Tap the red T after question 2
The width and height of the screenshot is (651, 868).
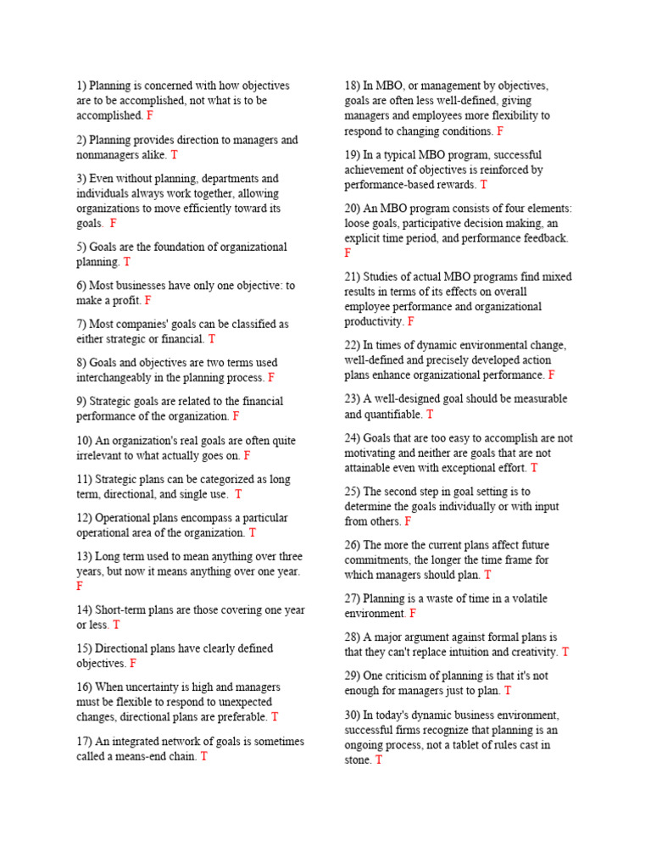174,155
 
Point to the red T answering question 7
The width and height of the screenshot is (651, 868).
212,339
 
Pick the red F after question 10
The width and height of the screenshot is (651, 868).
247,456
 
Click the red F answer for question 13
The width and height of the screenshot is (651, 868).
80,587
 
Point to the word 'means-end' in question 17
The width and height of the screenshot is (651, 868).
170,757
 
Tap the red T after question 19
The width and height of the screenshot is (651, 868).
483,185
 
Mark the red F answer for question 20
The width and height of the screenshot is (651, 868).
348,253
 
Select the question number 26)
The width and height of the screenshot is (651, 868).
353,546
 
